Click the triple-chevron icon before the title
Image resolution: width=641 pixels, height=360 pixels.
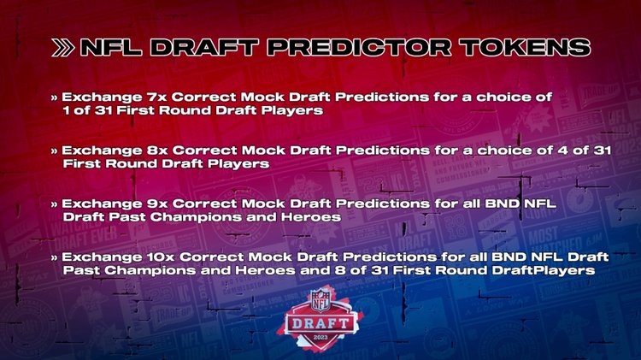[63, 48]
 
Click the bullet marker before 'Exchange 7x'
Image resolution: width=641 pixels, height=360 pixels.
[56, 98]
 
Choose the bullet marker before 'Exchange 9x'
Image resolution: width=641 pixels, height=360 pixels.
[56, 205]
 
